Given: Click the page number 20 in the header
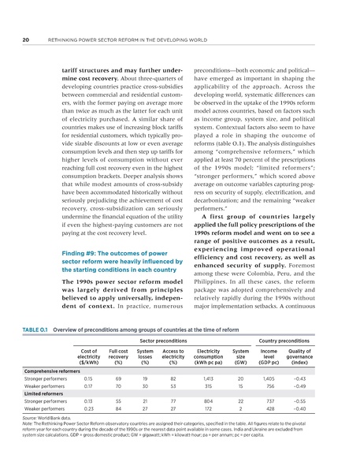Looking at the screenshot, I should (26, 35).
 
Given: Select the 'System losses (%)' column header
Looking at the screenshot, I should (145, 357).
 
